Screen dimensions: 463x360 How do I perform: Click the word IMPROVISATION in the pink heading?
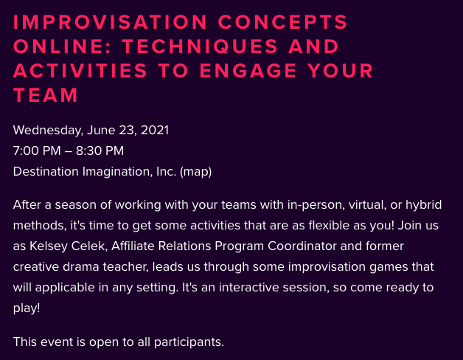point(110,21)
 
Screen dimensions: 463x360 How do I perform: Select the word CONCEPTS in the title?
point(282,21)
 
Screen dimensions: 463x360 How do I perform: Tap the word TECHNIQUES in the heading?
point(200,46)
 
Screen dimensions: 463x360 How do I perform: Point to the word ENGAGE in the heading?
point(248,71)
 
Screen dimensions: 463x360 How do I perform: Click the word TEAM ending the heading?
point(46,95)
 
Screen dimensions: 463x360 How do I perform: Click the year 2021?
point(155,131)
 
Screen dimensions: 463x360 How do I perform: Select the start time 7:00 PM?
point(37,150)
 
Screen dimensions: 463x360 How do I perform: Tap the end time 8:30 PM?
point(100,150)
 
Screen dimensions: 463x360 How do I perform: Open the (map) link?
point(195,172)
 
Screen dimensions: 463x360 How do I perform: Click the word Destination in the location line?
point(46,171)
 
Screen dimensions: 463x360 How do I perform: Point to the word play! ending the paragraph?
point(27,308)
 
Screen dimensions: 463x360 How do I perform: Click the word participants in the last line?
point(189,342)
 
